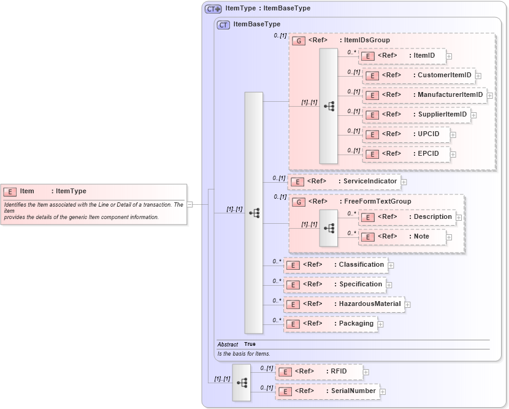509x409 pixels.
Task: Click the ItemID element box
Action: (402, 56)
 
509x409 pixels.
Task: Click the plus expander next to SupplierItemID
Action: (473, 115)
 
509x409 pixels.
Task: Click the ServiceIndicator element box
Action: (344, 182)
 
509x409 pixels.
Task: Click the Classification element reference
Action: (335, 265)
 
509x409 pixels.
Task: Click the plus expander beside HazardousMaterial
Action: (408, 304)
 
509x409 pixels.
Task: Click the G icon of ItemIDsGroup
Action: (299, 40)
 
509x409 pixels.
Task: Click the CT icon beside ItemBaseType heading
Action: (223, 25)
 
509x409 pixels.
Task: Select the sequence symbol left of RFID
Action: (242, 383)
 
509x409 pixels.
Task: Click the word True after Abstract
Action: (250, 345)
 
